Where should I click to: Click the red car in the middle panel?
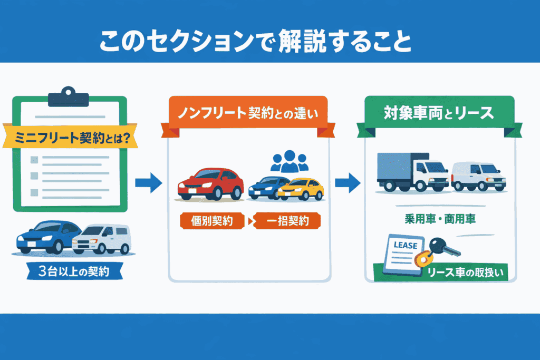[x=211, y=184]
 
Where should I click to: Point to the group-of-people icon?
[x=289, y=161]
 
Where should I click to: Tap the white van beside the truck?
[x=479, y=177]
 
